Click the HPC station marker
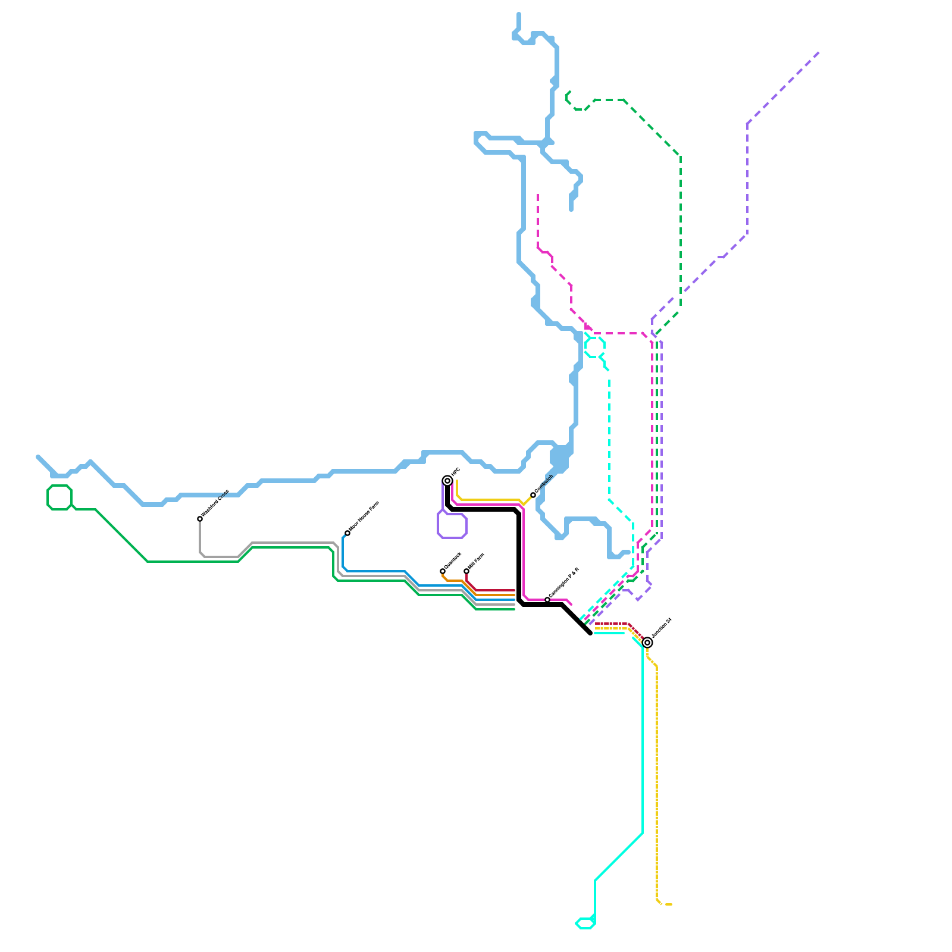pos(447,481)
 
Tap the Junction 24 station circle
pos(647,643)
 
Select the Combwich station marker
pos(533,495)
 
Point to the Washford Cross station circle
pos(200,519)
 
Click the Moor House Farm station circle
pos(347,533)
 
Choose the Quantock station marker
pos(443,571)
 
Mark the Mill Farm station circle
pos(466,571)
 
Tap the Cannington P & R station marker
pos(547,600)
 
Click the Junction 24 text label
pos(662,628)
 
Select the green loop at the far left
pos(59,497)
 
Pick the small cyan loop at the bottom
pos(586,923)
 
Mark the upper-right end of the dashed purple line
pos(819,53)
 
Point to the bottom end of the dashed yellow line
pos(671,904)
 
